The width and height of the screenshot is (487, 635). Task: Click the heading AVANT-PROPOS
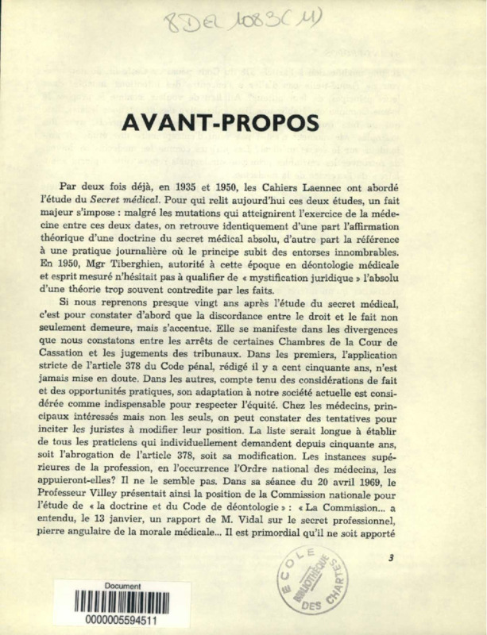click(219, 124)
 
